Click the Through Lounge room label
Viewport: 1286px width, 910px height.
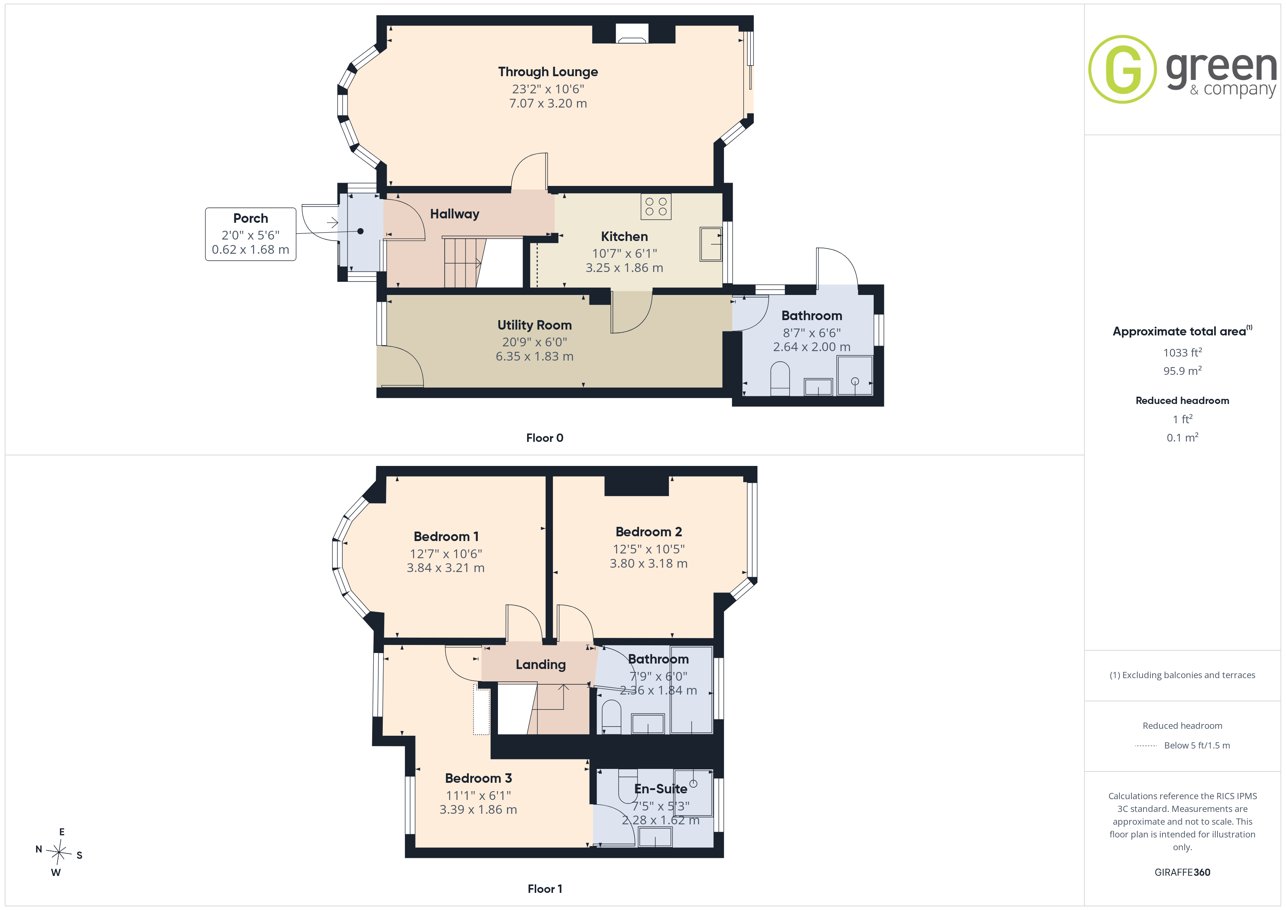pos(548,72)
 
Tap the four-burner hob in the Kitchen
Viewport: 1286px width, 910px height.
pos(656,207)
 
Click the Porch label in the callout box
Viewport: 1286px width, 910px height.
pos(250,218)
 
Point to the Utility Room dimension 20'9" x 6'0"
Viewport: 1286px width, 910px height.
pos(534,342)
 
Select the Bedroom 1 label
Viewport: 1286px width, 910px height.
pos(446,536)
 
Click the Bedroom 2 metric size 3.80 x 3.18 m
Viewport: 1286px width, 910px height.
pos(648,563)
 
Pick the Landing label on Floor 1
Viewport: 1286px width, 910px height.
pos(541,665)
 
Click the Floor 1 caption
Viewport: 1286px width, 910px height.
pos(545,889)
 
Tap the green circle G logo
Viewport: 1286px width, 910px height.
pos(1122,70)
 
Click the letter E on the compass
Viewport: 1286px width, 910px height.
pos(62,832)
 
